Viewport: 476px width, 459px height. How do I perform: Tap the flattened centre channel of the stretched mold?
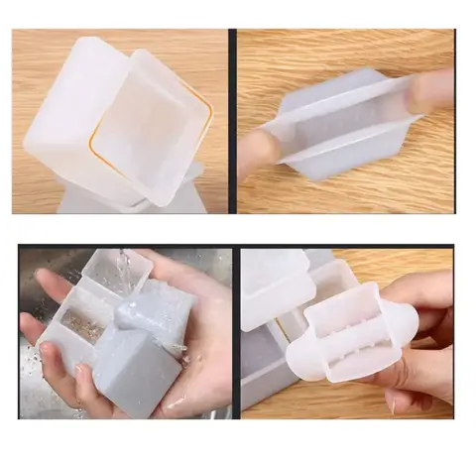[342, 124]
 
